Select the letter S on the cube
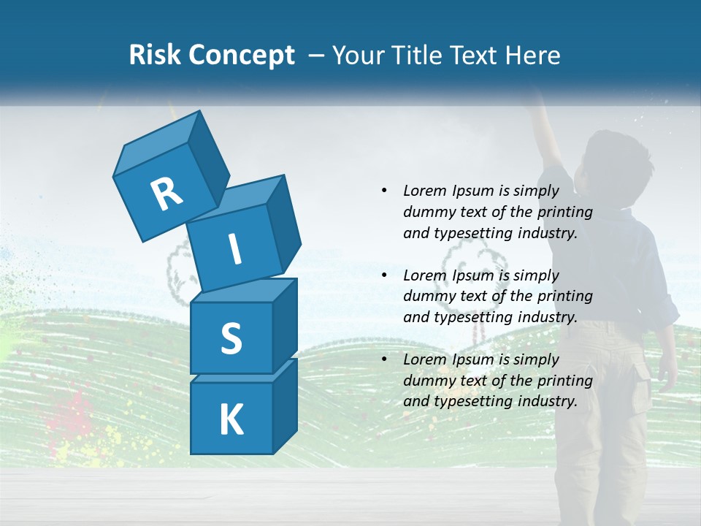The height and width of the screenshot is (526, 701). pyautogui.click(x=231, y=338)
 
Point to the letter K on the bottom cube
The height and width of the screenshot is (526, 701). pyautogui.click(x=231, y=420)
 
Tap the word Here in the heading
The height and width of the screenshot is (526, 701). pyautogui.click(x=532, y=56)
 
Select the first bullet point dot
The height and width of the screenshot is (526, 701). pyautogui.click(x=384, y=191)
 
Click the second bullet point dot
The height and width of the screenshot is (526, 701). pyautogui.click(x=384, y=275)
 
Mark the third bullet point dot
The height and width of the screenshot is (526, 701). pyautogui.click(x=384, y=359)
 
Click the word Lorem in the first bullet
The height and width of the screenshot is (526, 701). pyautogui.click(x=425, y=191)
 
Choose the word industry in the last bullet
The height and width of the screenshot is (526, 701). pyautogui.click(x=546, y=401)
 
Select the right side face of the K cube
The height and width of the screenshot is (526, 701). pyautogui.click(x=285, y=405)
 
